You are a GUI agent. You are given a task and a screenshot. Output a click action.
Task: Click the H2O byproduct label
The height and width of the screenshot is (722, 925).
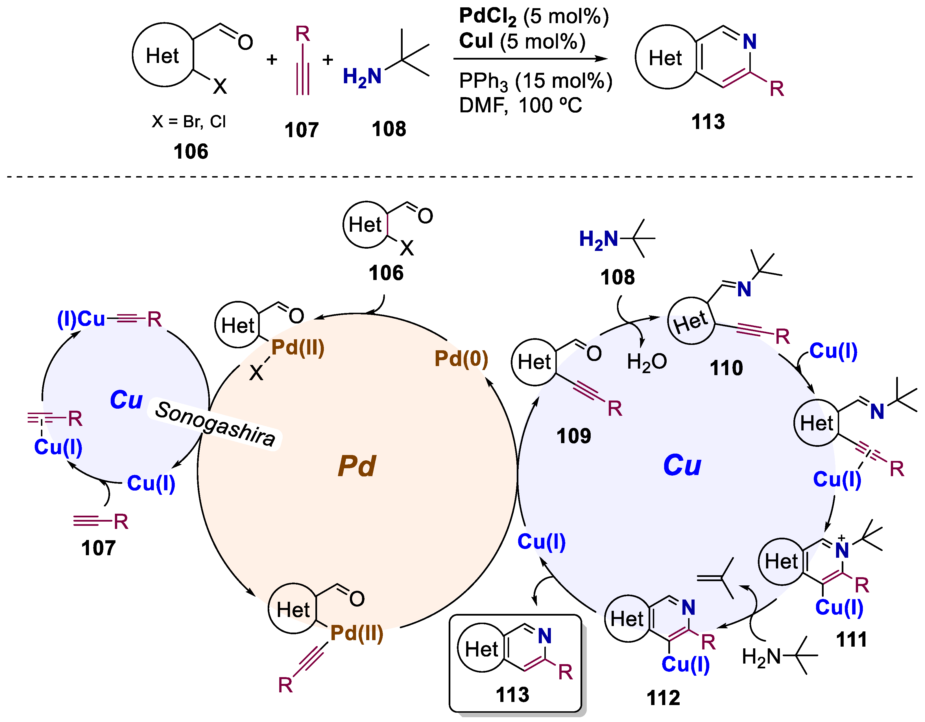tap(646, 362)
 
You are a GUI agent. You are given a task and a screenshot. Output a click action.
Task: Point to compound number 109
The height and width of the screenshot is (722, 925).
tap(573, 436)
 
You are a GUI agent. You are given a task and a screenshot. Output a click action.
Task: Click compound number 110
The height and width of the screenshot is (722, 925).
tap(726, 367)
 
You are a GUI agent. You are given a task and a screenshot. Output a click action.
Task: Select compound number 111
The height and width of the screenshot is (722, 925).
tap(851, 639)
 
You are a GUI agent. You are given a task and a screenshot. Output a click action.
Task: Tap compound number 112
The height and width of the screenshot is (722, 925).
tap(663, 697)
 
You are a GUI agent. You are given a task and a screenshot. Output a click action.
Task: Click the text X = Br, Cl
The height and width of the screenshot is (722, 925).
tap(189, 122)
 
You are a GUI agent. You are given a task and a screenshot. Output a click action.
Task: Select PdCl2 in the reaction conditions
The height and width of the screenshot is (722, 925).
tap(487, 17)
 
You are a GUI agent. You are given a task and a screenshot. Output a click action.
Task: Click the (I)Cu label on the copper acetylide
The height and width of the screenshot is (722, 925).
tap(81, 318)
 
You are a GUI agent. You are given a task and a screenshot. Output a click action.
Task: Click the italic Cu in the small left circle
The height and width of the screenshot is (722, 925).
tap(126, 399)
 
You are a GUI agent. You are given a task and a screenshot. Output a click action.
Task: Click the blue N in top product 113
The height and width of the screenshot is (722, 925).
tap(750, 41)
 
